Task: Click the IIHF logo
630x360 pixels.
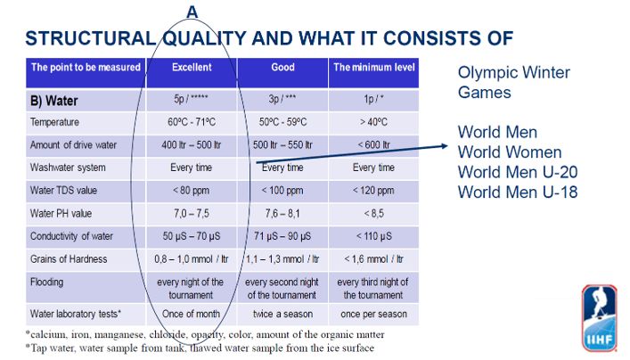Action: pyautogui.click(x=599, y=319)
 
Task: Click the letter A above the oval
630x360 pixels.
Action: pyautogui.click(x=192, y=12)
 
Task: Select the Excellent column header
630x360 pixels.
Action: pyautogui.click(x=192, y=67)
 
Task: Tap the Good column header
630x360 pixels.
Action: pyautogui.click(x=282, y=67)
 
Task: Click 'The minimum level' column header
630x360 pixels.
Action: pyautogui.click(x=373, y=67)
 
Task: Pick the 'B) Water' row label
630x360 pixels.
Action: pyautogui.click(x=53, y=101)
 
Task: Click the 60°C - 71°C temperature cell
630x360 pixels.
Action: pyautogui.click(x=192, y=122)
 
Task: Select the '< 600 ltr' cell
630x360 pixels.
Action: pyautogui.click(x=373, y=144)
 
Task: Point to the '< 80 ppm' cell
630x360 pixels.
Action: pyautogui.click(x=192, y=191)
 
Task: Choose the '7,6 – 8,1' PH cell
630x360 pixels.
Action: pyautogui.click(x=282, y=213)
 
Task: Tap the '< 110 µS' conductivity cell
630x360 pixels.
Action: pyautogui.click(x=373, y=236)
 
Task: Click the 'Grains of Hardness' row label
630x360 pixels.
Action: pyautogui.click(x=69, y=259)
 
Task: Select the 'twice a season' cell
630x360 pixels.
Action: pyautogui.click(x=282, y=314)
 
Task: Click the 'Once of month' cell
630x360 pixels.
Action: pyautogui.click(x=192, y=314)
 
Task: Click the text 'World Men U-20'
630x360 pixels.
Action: pyautogui.click(x=518, y=172)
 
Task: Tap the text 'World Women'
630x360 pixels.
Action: pyautogui.click(x=510, y=152)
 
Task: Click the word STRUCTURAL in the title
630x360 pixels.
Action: pyautogui.click(x=90, y=38)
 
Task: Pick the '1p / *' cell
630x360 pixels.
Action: pyautogui.click(x=373, y=99)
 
